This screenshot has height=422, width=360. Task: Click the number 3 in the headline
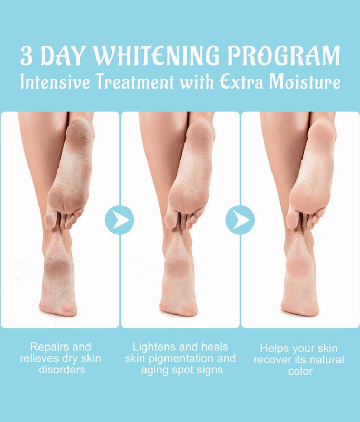26,56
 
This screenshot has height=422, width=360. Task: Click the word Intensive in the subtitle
55,82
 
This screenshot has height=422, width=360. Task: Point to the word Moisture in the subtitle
305,82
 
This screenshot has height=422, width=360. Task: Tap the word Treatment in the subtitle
135,82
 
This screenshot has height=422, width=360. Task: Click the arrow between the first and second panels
120,219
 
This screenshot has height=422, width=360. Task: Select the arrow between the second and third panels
240,219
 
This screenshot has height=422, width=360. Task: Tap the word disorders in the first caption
62,370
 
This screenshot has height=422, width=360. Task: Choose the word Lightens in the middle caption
152,348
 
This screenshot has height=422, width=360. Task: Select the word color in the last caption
300,371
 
